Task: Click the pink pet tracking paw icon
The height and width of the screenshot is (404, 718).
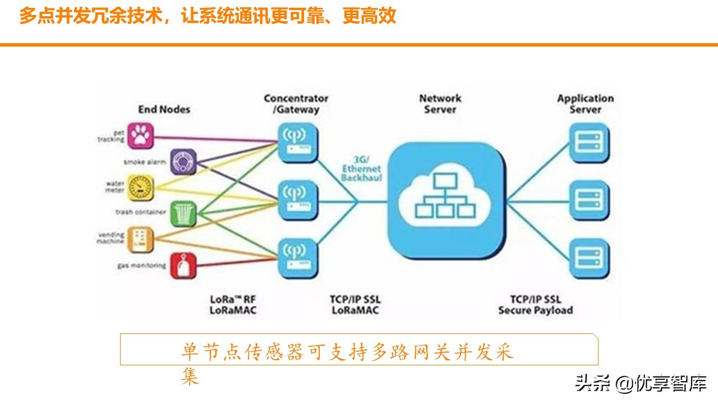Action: tap(141, 135)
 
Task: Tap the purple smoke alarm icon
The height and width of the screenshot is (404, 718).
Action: tap(183, 162)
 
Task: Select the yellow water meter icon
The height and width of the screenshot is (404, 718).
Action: tap(141, 187)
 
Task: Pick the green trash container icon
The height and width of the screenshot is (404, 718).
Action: tap(183, 214)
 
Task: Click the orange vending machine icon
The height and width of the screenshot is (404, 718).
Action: tap(141, 240)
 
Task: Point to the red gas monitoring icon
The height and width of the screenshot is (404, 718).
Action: tap(183, 265)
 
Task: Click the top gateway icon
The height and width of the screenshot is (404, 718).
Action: tap(298, 143)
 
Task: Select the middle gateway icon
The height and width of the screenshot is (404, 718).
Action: tap(298, 200)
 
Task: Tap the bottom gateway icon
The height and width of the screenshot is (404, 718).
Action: tap(298, 258)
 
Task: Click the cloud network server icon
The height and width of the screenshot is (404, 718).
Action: tap(447, 200)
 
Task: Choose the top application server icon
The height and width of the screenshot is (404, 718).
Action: tap(589, 143)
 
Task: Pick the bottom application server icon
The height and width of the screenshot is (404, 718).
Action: tap(589, 258)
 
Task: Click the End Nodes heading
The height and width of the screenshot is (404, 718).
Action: tap(164, 109)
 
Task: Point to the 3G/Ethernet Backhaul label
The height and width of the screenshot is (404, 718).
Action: tap(362, 169)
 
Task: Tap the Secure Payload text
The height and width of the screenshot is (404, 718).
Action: tap(536, 310)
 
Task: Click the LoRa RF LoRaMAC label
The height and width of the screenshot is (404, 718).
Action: tap(233, 305)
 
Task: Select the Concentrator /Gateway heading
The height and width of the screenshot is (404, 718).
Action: tap(296, 104)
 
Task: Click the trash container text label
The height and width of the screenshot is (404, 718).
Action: tap(141, 212)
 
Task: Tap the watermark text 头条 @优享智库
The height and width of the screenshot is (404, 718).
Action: tap(641, 383)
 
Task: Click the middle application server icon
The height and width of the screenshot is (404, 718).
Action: tap(589, 200)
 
